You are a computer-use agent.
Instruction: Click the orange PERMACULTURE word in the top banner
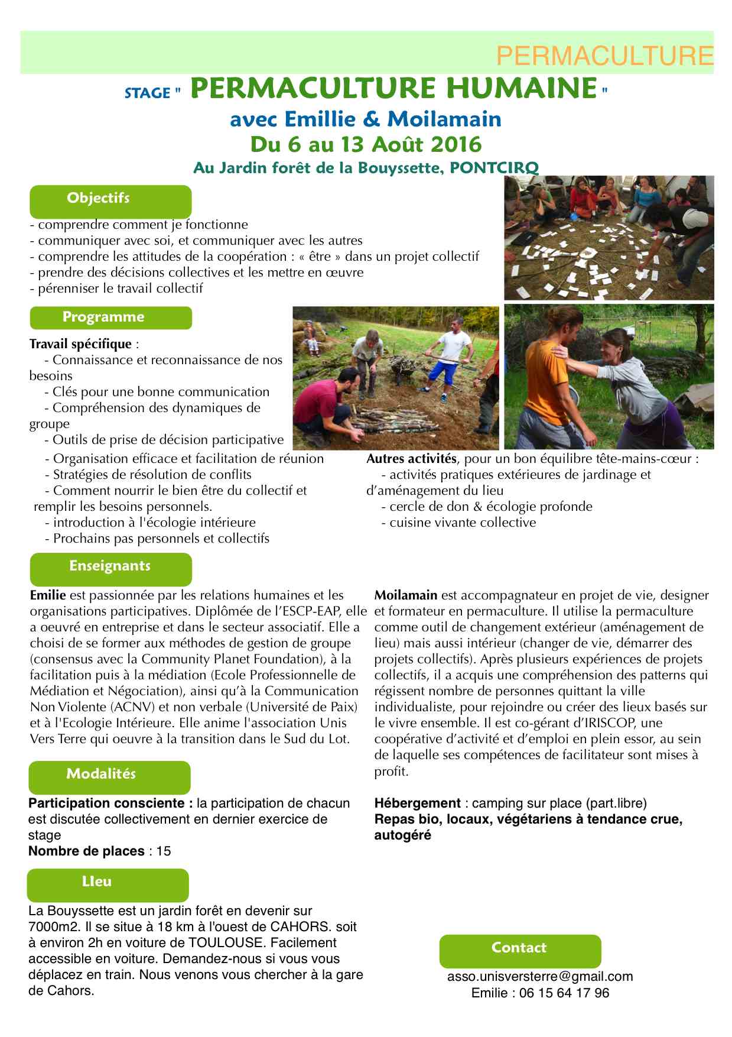pyautogui.click(x=604, y=56)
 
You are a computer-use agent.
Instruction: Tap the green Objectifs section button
pyautogui.click(x=110, y=200)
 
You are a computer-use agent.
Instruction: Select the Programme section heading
pyautogui.click(x=110, y=317)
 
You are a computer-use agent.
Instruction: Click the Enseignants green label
pyautogui.click(x=110, y=567)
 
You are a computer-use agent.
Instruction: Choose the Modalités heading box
pyautogui.click(x=109, y=775)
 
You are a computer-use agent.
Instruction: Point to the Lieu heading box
pyautogui.click(x=108, y=883)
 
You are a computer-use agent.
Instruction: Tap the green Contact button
pyautogui.click(x=519, y=949)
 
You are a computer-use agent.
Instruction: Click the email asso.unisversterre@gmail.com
pyautogui.click(x=539, y=977)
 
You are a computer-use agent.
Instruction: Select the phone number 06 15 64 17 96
pyautogui.click(x=564, y=993)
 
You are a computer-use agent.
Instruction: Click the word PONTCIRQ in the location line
pyautogui.click(x=494, y=168)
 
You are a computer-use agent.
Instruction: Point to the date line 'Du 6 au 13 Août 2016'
pyautogui.click(x=366, y=144)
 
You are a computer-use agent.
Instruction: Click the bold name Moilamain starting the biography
pyautogui.click(x=406, y=595)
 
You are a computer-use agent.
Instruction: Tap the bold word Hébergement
pyautogui.click(x=417, y=803)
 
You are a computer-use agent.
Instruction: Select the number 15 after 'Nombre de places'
pyautogui.click(x=164, y=851)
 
